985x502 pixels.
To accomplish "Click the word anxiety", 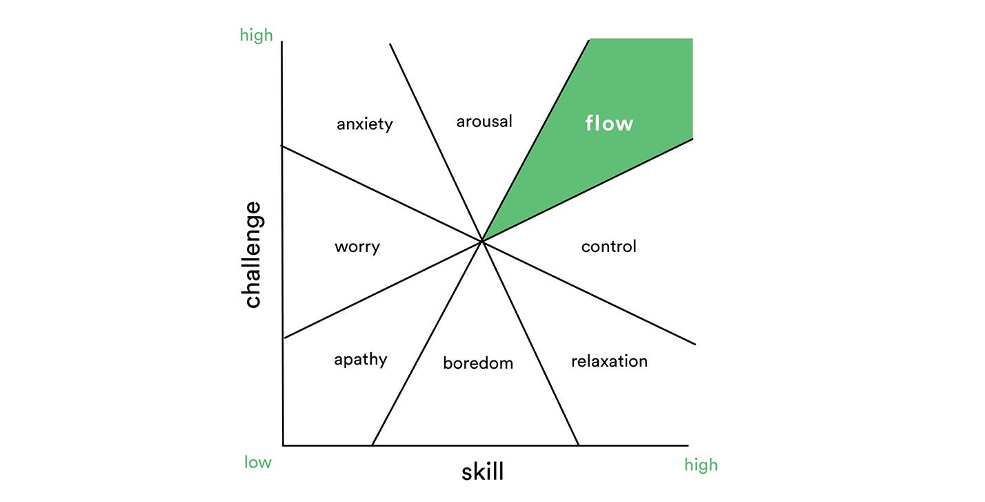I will tap(365, 124).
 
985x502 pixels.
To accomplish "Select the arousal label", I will tap(484, 122).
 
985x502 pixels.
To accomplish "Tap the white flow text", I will tap(609, 123).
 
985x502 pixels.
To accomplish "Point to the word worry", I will tap(357, 247).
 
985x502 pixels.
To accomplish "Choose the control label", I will tap(608, 247).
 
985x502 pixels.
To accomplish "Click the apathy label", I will tap(360, 360).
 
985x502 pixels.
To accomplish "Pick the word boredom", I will tap(478, 363).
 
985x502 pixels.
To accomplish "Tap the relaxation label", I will tap(609, 361).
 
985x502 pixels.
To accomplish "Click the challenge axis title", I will tap(252, 254).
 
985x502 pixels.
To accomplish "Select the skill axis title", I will tap(482, 472).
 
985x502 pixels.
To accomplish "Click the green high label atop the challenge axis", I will tap(257, 35).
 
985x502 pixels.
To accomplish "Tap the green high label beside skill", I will tap(701, 465).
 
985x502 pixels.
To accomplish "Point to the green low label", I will tap(257, 462).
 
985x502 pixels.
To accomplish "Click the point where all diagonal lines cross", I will tap(481, 240).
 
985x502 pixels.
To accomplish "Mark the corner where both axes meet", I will tap(283, 445).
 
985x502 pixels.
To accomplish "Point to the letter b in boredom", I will tap(447, 363).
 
